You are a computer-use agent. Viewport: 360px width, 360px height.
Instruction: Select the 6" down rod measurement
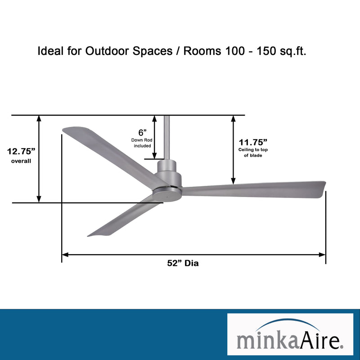click(142, 132)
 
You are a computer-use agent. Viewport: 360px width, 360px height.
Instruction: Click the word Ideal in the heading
click(50, 51)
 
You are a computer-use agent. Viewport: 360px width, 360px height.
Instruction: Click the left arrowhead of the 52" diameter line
click(64, 255)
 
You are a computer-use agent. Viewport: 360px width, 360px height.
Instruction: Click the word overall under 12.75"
click(21, 161)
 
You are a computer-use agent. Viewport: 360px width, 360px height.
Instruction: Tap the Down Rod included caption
click(142, 143)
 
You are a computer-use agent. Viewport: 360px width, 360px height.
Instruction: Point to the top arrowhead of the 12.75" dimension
click(39, 119)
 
